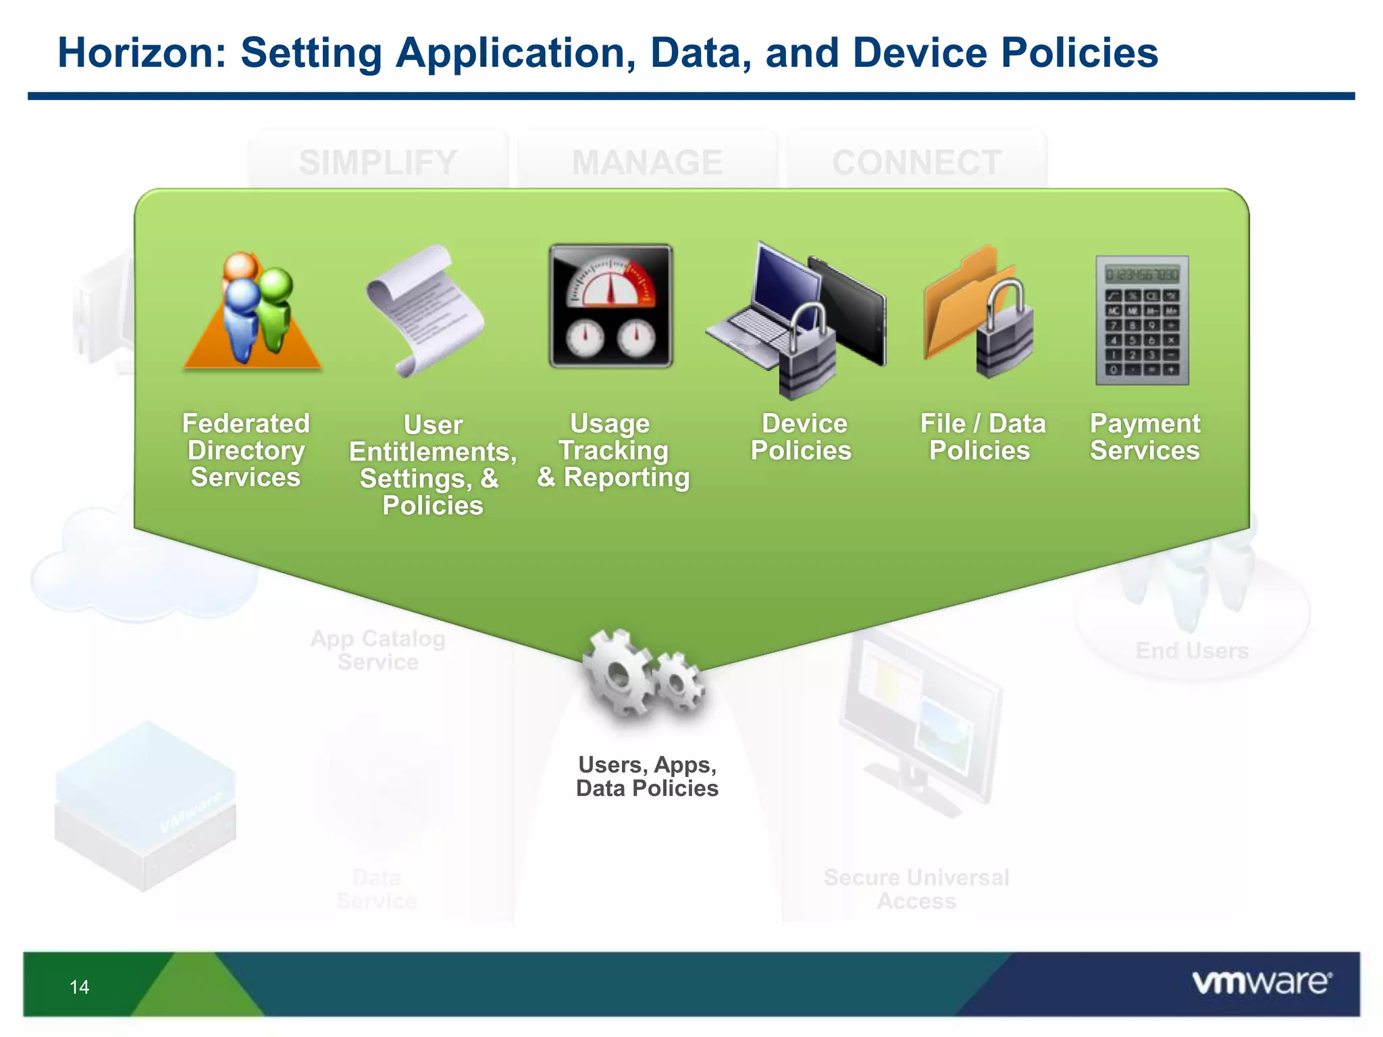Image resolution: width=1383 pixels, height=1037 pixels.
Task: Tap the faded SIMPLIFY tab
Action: coord(378,162)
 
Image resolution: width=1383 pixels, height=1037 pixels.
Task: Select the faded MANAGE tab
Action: coord(647,162)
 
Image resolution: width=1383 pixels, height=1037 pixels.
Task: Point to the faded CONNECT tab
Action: coord(916,162)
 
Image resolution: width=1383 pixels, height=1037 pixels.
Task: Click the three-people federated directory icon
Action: coord(253,311)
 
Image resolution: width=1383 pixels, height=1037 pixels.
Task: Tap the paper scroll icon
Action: coord(423,311)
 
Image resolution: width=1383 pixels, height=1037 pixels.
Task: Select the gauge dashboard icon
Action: coord(610,306)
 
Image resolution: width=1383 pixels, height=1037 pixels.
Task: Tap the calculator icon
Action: coord(1142,320)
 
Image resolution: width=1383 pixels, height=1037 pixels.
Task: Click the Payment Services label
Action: coord(1145,437)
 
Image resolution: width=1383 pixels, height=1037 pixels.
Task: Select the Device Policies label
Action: coord(802,437)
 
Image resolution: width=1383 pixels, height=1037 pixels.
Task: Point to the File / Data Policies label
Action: coord(982,437)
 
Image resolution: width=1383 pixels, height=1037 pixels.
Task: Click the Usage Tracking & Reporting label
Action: coord(613,450)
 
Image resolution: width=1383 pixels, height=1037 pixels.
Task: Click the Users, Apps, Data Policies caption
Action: coord(647,776)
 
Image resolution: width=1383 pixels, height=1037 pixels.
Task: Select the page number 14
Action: coord(79,987)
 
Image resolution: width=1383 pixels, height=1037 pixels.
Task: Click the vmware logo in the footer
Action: coord(1261,982)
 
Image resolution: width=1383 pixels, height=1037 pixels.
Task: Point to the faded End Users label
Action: coord(1192,651)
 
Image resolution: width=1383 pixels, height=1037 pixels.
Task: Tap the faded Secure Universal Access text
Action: coord(916,889)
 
